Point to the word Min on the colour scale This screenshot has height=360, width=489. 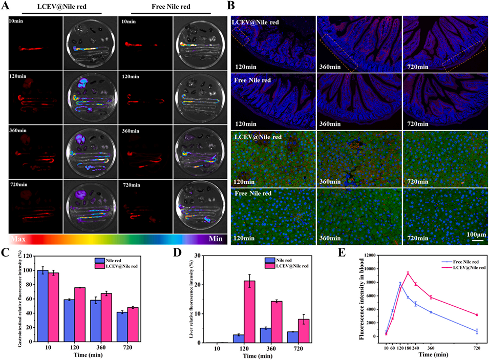click(215, 238)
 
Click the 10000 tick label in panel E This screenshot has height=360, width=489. click(373, 268)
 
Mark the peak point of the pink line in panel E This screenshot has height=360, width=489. click(408, 273)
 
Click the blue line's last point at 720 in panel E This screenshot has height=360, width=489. click(477, 331)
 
